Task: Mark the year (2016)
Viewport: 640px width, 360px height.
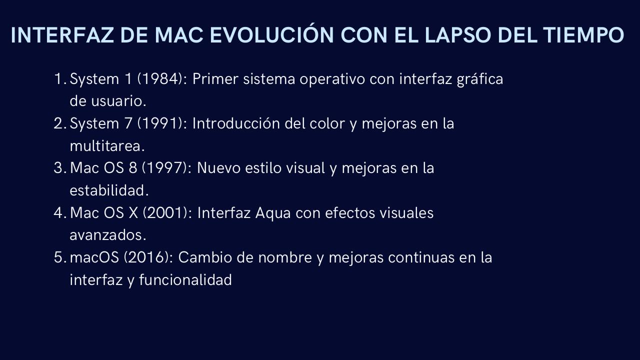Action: pos(148,257)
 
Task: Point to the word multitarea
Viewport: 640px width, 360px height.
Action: pos(107,146)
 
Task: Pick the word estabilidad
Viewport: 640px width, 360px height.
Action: pos(109,190)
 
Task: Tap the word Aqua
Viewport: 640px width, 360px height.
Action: pos(273,213)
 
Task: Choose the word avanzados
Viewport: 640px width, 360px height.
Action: pos(107,235)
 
